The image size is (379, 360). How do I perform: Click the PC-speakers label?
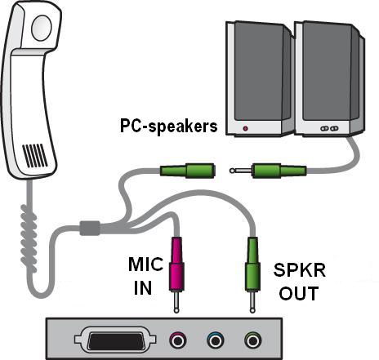(169, 127)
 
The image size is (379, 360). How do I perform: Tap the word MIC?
(145, 264)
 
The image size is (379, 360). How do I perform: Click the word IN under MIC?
(143, 287)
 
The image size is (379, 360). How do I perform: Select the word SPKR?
(300, 270)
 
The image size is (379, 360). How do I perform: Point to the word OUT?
(299, 293)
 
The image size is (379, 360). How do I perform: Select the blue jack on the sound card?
(216, 340)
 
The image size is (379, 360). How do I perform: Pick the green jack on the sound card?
(253, 340)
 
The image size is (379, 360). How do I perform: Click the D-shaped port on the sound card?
(115, 339)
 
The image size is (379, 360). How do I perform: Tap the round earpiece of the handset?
(42, 28)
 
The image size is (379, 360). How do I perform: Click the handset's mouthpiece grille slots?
(35, 156)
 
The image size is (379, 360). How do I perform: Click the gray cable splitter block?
(90, 228)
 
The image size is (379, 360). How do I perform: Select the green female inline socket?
(187, 171)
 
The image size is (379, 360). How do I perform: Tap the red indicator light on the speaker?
(246, 128)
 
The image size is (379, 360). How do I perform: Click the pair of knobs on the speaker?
(329, 128)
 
